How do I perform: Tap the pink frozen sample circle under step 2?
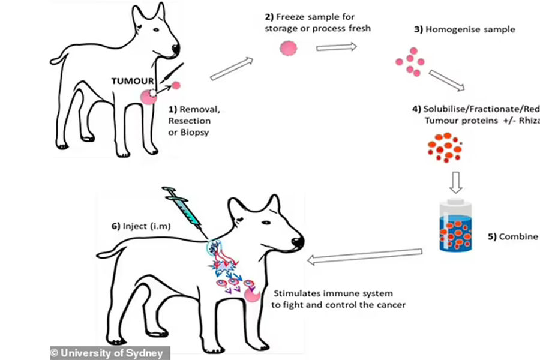pyautogui.click(x=289, y=48)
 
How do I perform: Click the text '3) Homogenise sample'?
pyautogui.click(x=463, y=29)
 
